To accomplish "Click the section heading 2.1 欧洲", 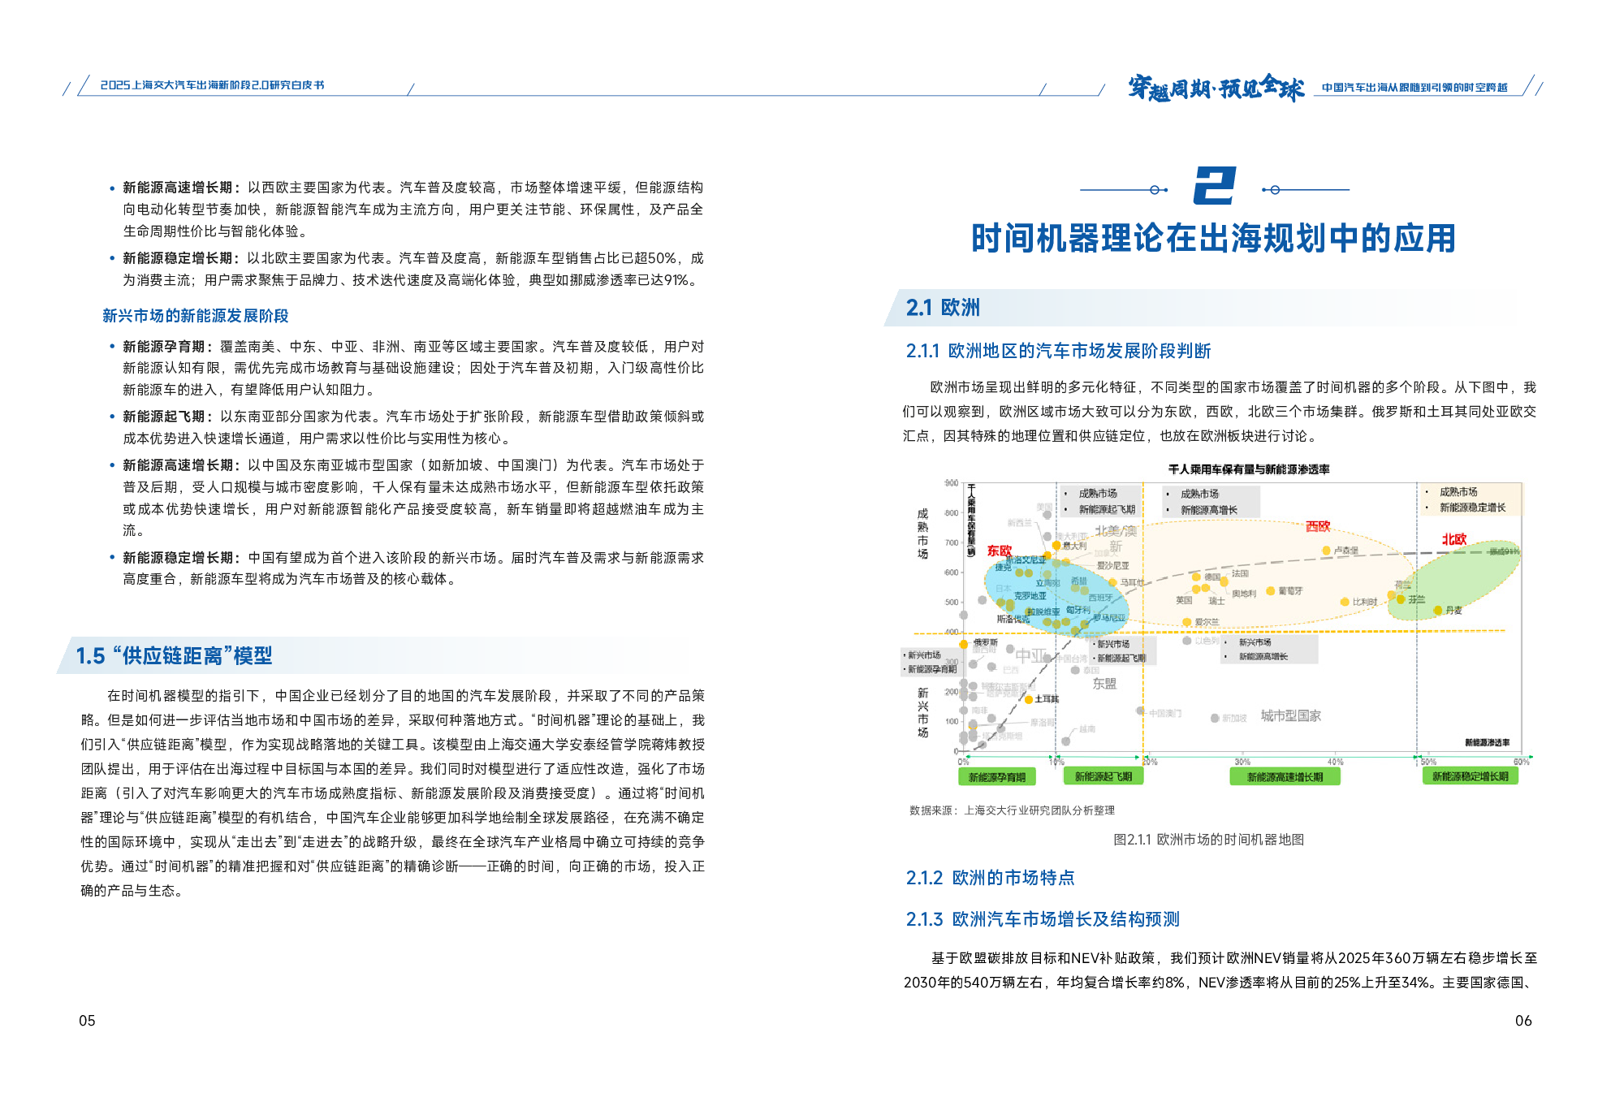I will coord(943,308).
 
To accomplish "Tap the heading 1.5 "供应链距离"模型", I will coord(174,655).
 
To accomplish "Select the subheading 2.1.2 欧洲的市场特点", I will coord(990,878).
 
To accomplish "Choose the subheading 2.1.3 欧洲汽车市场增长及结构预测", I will coord(1042,919).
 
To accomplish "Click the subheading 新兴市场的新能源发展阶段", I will coord(195,316).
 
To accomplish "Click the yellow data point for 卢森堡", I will coord(1326,551).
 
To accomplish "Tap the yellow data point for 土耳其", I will coord(1029,699).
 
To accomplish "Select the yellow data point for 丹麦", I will coord(1438,610).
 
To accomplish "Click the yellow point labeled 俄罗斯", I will coord(964,644).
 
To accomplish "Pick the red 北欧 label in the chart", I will coord(1453,539).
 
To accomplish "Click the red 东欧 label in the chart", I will coord(999,551).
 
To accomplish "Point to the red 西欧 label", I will coord(1318,526).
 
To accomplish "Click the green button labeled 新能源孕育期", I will coord(996,777).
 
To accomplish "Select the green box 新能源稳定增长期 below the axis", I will coord(1470,776).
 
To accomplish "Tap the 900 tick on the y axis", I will coord(951,483).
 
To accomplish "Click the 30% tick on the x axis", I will coord(1242,762).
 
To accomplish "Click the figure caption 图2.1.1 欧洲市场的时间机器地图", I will coord(1207,840).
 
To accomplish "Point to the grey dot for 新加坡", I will coord(1215,718).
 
